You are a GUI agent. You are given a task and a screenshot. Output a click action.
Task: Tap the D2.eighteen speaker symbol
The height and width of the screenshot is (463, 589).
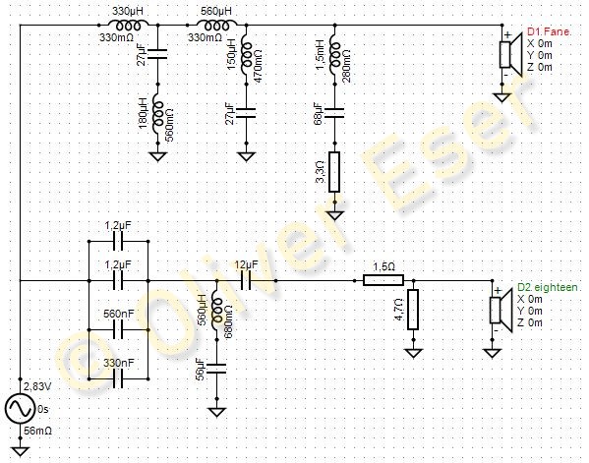pos(500,311)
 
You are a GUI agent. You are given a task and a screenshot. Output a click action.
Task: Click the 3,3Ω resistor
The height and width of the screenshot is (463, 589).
pos(334,172)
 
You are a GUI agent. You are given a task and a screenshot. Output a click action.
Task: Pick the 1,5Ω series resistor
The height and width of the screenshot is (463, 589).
pos(383,280)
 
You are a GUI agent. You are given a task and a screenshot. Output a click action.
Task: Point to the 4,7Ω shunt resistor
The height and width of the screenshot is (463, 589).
pos(413,310)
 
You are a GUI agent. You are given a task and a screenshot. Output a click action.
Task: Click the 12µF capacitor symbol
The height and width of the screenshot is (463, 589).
pos(246,280)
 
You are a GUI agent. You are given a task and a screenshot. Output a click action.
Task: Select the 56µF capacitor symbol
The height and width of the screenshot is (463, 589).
pos(216,369)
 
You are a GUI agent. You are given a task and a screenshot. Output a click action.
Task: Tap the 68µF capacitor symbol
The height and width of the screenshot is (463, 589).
pos(334,113)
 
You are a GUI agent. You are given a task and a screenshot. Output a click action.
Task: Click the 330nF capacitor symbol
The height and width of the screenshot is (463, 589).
pos(118,378)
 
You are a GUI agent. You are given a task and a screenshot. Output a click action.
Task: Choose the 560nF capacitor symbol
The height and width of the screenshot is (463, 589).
pos(118,329)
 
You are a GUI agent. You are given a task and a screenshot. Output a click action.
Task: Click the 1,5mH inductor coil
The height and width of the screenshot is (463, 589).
pos(334,54)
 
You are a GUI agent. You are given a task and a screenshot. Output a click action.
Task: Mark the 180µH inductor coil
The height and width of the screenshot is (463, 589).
pos(157,113)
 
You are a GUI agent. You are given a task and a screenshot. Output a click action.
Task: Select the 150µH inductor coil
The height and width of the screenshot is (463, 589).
pos(246,54)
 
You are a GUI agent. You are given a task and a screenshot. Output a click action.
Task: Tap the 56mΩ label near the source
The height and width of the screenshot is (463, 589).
pos(37,431)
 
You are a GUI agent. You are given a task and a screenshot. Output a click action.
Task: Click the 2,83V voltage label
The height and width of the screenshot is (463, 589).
pos(38,386)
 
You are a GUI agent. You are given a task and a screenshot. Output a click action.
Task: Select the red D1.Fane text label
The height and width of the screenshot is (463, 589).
pos(550,31)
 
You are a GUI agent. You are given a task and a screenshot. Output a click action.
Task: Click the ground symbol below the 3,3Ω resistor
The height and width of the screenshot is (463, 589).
pos(334,215)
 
